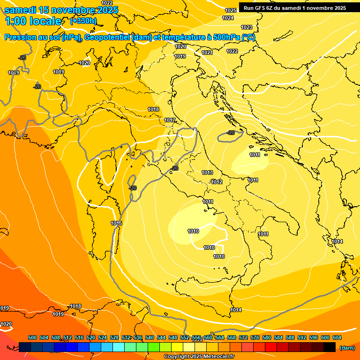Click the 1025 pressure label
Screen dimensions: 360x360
[231, 10]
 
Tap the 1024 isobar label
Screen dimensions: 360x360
[228, 18]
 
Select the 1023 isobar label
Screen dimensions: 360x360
[247, 27]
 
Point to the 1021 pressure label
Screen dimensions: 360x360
[207, 52]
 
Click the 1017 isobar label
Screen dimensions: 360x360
[170, 120]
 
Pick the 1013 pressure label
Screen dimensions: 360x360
[207, 172]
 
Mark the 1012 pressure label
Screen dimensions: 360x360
[217, 182]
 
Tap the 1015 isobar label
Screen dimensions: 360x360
[116, 223]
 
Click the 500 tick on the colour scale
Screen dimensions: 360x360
[32, 337]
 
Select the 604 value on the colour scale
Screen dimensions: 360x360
[337, 337]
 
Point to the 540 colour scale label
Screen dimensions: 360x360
[150, 337]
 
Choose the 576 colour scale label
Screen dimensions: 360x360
[255, 337]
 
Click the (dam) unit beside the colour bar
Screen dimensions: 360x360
[347, 348]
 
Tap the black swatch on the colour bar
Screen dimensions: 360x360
[330, 347]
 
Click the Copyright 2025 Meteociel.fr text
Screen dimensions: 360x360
[199, 357]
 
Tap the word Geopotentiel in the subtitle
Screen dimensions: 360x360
[107, 37]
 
